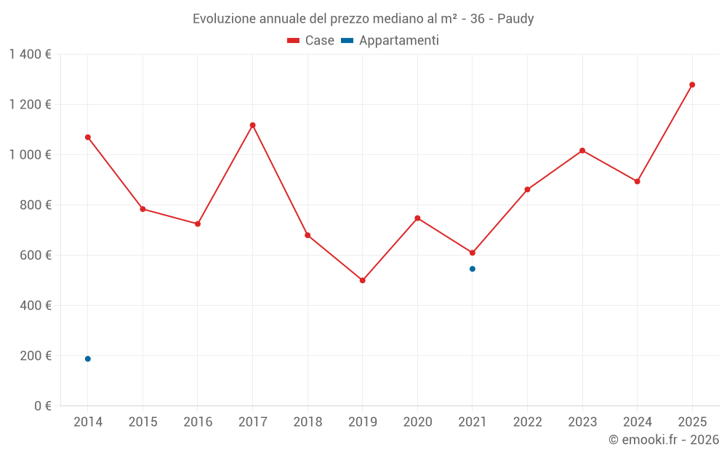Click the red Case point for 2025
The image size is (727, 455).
pyautogui.click(x=692, y=84)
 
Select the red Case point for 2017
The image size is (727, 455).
pyautogui.click(x=252, y=125)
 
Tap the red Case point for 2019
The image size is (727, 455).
pyautogui.click(x=363, y=280)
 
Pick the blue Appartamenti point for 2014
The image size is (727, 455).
pyautogui.click(x=88, y=359)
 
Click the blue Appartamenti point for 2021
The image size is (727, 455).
pyautogui.click(x=473, y=269)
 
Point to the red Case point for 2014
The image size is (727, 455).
pyautogui.click(x=88, y=137)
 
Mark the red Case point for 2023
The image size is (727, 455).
pyautogui.click(x=582, y=151)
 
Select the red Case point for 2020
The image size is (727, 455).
pyautogui.click(x=417, y=218)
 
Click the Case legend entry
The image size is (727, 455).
pyautogui.click(x=311, y=41)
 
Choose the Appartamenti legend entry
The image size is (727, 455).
pyautogui.click(x=390, y=41)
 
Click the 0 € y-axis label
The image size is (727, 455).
pyautogui.click(x=43, y=406)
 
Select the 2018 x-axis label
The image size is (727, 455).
pyautogui.click(x=308, y=422)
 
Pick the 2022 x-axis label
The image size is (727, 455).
pyautogui.click(x=527, y=422)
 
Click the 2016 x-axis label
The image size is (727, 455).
pyautogui.click(x=198, y=422)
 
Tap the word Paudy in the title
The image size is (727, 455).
pyautogui.click(x=515, y=19)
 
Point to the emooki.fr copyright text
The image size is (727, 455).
pyautogui.click(x=664, y=440)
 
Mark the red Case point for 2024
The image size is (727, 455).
pyautogui.click(x=638, y=181)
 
